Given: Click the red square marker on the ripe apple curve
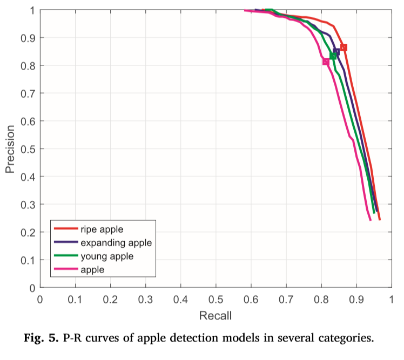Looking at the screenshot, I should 344,47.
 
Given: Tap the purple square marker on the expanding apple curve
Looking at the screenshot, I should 336,51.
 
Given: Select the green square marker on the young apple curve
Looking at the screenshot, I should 333,56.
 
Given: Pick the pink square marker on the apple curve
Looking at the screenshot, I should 326,62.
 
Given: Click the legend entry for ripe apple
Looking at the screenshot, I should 103,230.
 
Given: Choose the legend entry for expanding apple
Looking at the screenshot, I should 115,243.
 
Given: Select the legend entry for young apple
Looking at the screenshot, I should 106,256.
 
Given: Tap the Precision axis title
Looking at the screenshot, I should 10,149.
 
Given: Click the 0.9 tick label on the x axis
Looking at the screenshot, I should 356,298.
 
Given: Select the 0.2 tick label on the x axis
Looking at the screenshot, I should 110,298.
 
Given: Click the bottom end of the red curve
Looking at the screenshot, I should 380,219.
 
